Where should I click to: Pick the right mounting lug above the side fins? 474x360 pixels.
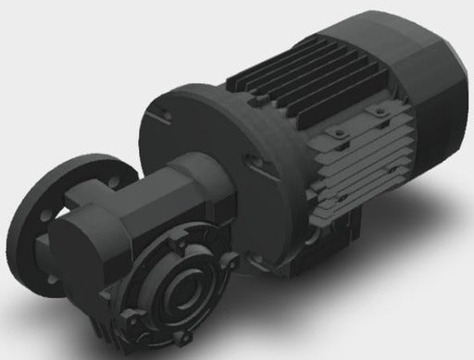coord(380,114)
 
